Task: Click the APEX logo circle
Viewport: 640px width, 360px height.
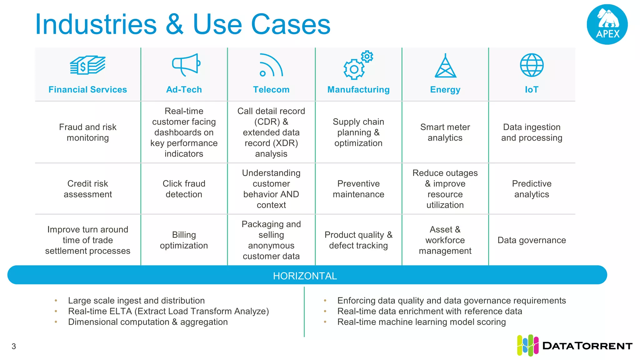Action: (x=607, y=24)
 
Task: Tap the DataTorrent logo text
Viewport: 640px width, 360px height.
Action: (x=587, y=346)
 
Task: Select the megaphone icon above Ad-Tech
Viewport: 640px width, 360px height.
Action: (x=186, y=65)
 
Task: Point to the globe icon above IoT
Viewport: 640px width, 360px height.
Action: (x=532, y=65)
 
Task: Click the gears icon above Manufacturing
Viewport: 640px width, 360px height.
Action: (x=358, y=65)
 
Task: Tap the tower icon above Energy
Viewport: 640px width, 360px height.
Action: (x=445, y=66)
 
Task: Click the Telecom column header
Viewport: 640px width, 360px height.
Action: (x=271, y=90)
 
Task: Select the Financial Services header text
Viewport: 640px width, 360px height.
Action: (x=87, y=90)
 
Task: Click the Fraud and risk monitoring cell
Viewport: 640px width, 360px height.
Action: (x=87, y=132)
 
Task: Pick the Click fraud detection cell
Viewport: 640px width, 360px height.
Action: (x=184, y=189)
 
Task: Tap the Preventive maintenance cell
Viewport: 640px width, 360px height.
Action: (x=358, y=189)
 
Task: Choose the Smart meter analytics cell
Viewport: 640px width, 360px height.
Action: (x=445, y=132)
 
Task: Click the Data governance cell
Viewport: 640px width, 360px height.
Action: (x=532, y=240)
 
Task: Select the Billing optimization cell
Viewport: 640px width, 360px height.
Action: (x=184, y=240)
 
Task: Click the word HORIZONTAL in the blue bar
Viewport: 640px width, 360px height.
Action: (x=305, y=276)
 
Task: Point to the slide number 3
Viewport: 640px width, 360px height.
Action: (x=14, y=346)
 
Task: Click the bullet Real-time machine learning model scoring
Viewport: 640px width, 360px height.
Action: (x=421, y=322)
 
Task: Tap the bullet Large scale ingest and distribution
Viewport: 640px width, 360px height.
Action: (x=136, y=301)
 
